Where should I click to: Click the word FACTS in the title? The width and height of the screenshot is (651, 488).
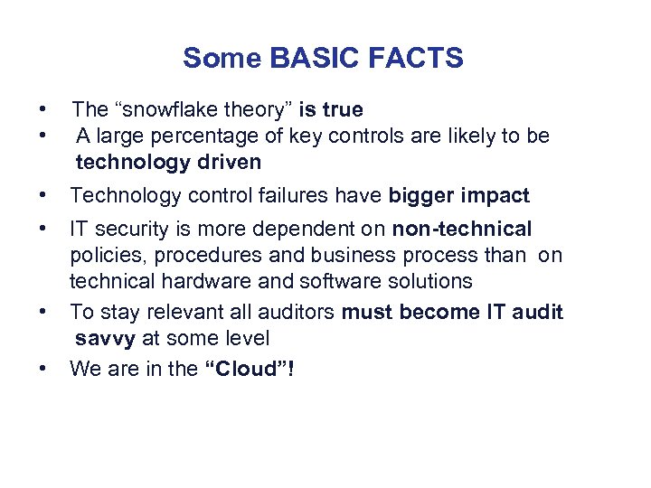[417, 59]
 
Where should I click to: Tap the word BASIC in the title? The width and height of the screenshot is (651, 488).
[310, 59]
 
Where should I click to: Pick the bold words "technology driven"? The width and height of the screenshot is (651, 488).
[168, 163]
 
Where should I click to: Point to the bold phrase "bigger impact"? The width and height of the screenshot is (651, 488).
[459, 195]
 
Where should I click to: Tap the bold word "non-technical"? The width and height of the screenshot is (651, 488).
[462, 229]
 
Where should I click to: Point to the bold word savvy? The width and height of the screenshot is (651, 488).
[106, 339]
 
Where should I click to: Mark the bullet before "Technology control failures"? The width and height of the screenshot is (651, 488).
[43, 195]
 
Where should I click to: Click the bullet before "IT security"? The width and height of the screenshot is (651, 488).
[43, 229]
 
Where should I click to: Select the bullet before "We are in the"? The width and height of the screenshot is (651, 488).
[43, 369]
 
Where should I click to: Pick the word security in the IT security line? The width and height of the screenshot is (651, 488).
[127, 229]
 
